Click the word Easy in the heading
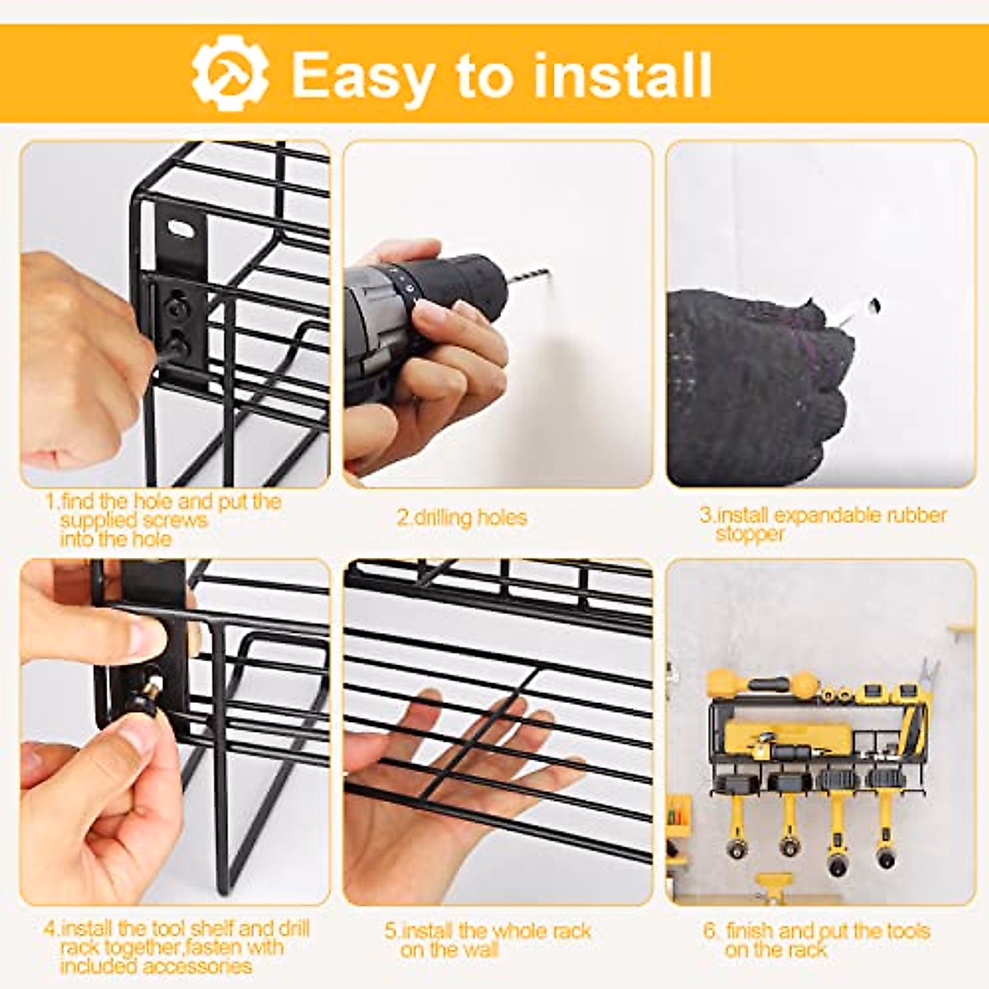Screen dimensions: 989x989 point(362,76)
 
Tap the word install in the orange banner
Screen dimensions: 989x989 point(622,76)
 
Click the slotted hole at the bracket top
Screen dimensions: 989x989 point(180,226)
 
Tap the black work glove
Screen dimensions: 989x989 point(750,387)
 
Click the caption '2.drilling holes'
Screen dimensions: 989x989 point(462,518)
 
